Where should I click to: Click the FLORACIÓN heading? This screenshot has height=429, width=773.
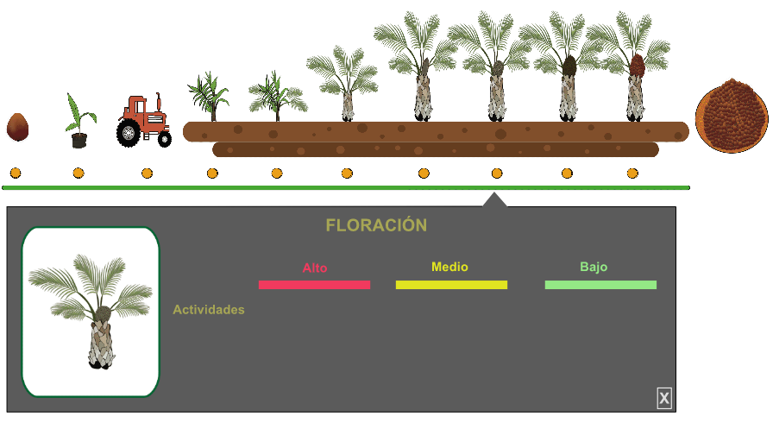point(376,225)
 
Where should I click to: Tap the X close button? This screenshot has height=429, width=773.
point(664,398)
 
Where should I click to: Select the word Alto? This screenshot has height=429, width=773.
point(315,268)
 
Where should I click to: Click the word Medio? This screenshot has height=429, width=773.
point(449,267)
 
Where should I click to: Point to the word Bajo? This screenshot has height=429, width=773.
point(594,267)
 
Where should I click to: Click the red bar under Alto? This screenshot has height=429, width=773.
point(314,285)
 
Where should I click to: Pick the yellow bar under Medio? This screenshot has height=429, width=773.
point(451,285)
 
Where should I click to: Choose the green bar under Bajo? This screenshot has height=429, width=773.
point(600,285)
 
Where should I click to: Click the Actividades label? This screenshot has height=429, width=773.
point(209,309)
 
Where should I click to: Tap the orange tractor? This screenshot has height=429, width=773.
point(144,120)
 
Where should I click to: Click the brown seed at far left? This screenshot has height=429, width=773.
point(17,127)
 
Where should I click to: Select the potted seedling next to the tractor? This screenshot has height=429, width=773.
point(79,123)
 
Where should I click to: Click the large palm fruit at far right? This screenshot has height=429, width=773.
point(732,115)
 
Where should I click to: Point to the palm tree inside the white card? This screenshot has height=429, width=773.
point(91,311)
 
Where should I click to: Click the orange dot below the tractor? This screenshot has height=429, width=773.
point(147,173)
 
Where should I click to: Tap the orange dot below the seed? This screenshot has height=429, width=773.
point(16,173)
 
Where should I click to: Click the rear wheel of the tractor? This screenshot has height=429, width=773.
point(128,134)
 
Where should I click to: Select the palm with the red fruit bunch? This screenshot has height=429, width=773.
point(636,69)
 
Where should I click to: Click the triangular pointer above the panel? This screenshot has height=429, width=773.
point(494,200)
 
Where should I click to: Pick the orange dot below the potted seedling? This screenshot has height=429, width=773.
point(79,173)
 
